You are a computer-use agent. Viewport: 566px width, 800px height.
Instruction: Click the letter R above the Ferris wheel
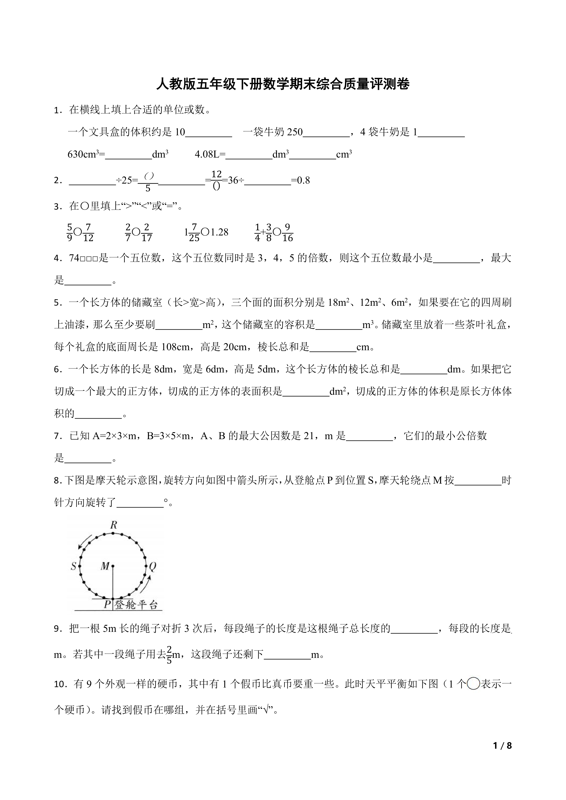[114, 525]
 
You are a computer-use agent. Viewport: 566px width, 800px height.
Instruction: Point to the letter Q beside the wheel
[153, 567]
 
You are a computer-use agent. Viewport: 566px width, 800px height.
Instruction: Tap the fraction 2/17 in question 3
[147, 232]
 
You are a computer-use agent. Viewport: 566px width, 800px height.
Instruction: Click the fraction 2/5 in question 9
[169, 655]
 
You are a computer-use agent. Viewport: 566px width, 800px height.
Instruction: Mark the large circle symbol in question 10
[473, 684]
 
